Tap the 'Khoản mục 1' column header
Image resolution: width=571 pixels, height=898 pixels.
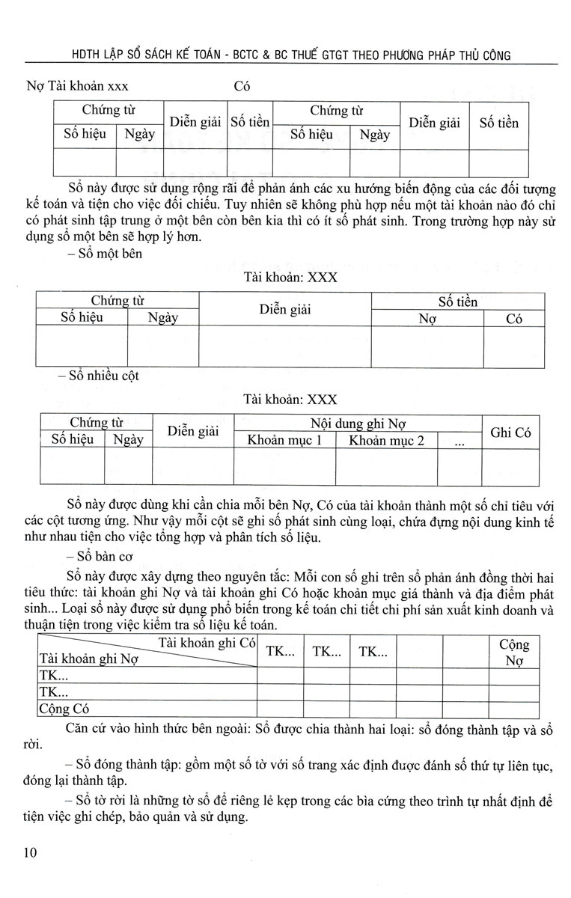284,440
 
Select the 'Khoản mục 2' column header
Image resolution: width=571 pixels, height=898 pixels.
386,440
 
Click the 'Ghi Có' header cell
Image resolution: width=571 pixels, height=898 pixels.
510,432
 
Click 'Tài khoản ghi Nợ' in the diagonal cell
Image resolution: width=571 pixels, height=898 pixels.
90,660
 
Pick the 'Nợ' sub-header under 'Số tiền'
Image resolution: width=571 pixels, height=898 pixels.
427,318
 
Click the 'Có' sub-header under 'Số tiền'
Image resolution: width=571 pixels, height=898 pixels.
513,318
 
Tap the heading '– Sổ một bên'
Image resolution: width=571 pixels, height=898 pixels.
100,253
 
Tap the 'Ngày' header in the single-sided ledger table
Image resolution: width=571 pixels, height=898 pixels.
162,317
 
